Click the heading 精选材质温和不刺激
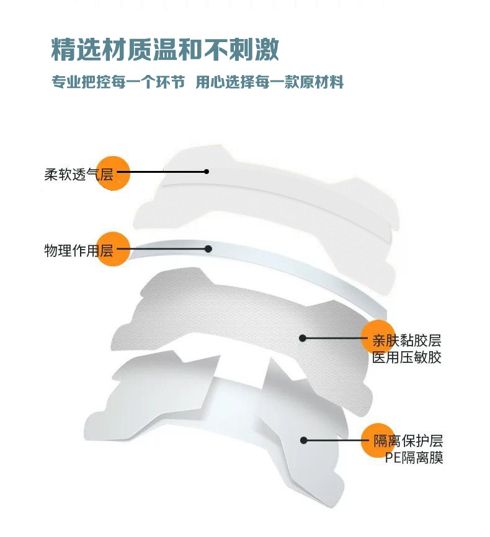[x=165, y=50]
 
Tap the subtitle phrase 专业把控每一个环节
[x=118, y=83]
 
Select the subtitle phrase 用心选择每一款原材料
[x=269, y=83]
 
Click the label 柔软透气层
[x=78, y=175]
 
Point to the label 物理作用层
[x=78, y=250]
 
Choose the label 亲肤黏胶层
[x=407, y=341]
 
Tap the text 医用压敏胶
[x=407, y=357]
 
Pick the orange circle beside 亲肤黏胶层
[x=378, y=338]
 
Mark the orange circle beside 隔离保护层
[x=378, y=440]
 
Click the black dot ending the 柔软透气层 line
[x=207, y=172]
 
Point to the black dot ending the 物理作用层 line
[x=208, y=249]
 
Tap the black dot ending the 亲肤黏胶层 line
[x=303, y=338]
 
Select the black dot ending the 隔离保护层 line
[x=304, y=440]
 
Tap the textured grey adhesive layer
[x=236, y=316]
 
